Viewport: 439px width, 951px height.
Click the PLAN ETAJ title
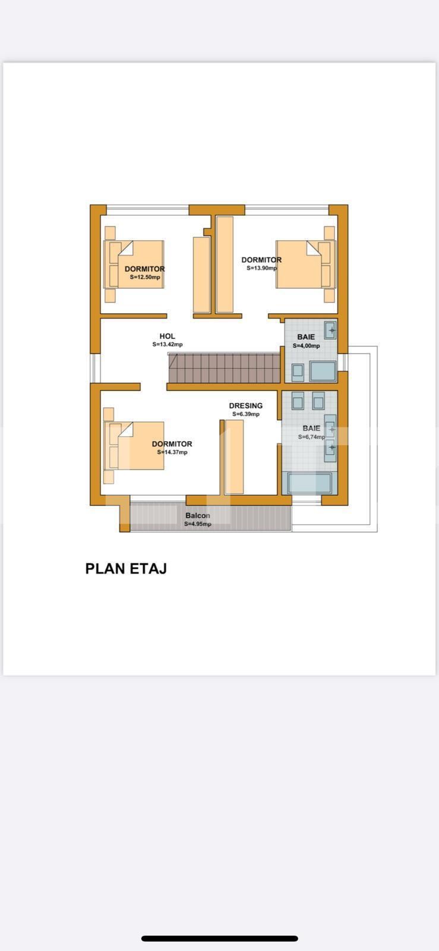point(126,568)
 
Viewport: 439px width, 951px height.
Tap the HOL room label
point(168,336)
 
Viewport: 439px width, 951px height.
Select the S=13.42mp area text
point(168,345)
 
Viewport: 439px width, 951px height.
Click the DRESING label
point(245,406)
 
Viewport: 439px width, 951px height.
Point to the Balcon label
point(197,515)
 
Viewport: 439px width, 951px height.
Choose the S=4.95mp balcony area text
point(197,524)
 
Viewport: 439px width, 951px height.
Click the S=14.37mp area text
point(172,452)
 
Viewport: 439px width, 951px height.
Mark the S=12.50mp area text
point(145,277)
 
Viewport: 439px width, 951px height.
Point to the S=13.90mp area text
point(261,268)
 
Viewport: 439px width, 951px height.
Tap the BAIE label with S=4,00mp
point(306,337)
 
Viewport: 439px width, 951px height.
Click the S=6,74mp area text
point(311,437)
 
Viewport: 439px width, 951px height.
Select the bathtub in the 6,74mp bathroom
point(309,483)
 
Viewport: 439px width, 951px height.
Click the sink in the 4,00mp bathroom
point(330,329)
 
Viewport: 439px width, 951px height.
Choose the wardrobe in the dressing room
point(235,456)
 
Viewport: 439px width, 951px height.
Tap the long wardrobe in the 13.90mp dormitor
point(225,264)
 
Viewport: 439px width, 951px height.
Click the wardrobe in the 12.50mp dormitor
point(201,274)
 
